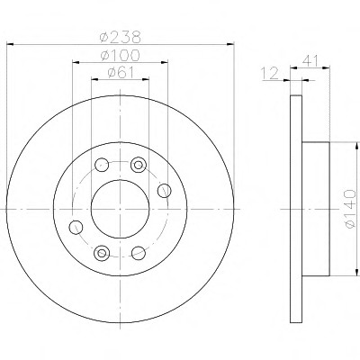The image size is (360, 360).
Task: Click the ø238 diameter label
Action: click(120, 37)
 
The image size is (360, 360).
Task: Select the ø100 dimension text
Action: click(120, 55)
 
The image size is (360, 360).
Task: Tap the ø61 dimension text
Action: click(121, 73)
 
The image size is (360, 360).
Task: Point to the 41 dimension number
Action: click(310, 60)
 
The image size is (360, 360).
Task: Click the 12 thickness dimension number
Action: click(270, 74)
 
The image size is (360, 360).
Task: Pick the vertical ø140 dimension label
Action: click(350, 209)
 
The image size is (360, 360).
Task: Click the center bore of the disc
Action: click(120, 209)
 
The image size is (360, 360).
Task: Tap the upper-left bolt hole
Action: click(102, 165)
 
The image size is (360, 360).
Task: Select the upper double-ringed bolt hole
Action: click(139, 165)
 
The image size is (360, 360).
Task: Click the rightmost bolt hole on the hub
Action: click(165, 191)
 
